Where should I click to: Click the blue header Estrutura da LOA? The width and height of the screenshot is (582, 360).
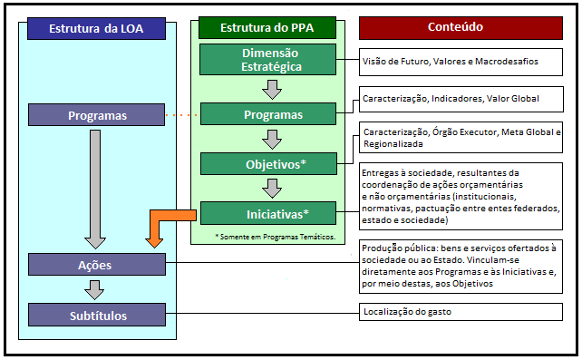(97, 28)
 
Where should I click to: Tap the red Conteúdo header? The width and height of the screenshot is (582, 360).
(462, 27)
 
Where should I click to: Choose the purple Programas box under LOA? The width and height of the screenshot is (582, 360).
(97, 115)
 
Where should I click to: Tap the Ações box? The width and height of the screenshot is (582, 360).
(97, 264)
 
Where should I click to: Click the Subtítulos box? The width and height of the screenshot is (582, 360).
(97, 316)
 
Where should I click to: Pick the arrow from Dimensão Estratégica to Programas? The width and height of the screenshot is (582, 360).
(268, 89)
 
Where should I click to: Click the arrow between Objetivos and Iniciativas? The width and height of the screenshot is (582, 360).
(268, 189)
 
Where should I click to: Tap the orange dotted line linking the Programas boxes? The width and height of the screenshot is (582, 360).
(182, 115)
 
